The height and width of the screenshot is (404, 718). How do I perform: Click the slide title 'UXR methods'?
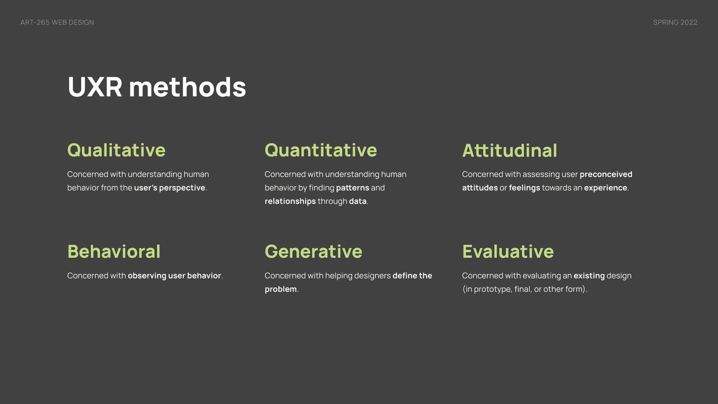coord(157,87)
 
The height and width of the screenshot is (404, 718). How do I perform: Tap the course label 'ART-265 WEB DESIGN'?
coord(57,22)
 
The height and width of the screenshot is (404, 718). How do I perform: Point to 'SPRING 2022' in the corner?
coord(675,22)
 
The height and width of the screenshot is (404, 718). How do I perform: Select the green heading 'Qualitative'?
coord(116,150)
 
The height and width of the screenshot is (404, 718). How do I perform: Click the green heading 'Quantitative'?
coord(321,150)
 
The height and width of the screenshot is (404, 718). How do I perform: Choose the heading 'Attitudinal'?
coord(510,150)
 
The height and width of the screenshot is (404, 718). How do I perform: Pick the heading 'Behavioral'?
coord(114,251)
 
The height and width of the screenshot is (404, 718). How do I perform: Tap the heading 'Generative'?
coord(313,251)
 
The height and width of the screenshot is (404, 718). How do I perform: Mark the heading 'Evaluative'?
coord(508,251)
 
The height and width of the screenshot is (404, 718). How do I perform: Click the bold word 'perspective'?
coord(182,188)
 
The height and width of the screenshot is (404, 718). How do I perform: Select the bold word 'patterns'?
coord(353,188)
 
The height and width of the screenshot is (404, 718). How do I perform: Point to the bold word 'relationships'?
coord(290,201)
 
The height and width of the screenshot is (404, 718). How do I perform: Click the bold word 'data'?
coord(358,201)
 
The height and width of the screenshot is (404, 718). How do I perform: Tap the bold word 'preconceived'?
coord(606,174)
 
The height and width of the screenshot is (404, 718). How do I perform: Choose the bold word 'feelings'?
coord(524,188)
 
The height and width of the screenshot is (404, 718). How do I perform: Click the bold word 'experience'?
coord(605,188)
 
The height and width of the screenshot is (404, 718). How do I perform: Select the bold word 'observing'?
coord(147,276)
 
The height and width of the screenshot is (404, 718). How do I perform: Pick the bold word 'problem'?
coord(281,289)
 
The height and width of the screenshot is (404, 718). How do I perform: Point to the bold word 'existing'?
coord(589,276)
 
